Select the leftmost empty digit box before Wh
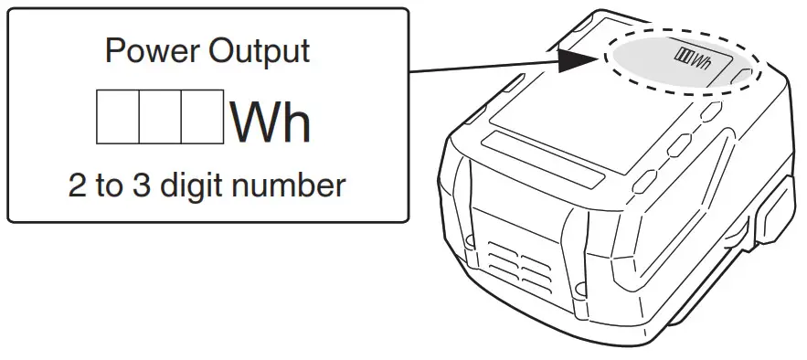click(x=118, y=117)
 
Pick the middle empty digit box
click(x=160, y=117)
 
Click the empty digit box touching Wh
click(x=202, y=117)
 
